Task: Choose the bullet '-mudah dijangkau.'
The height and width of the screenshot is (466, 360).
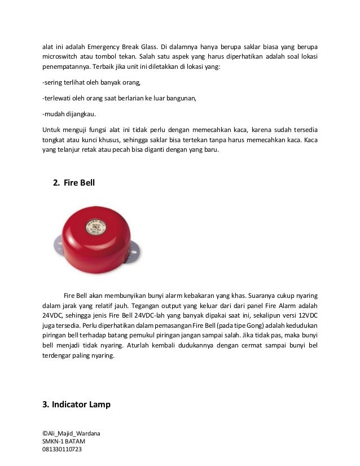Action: pos(69,115)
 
